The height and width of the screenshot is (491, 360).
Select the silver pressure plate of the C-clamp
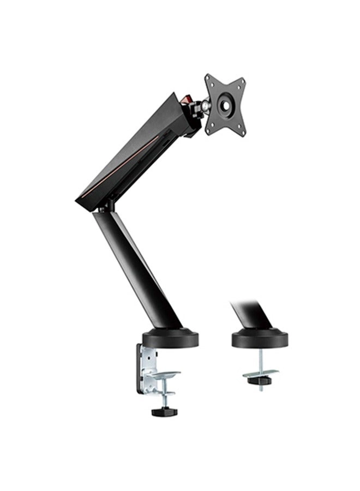tap(162, 376)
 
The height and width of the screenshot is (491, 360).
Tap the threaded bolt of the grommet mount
tap(260, 360)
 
